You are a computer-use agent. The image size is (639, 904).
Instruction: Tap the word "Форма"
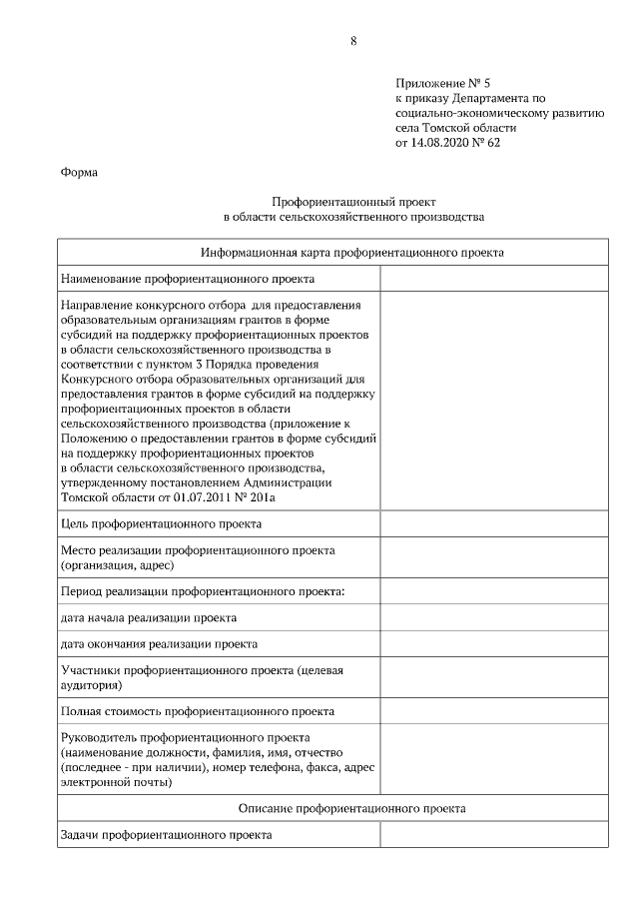point(79,172)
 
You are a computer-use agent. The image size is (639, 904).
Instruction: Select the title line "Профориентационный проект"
point(353,201)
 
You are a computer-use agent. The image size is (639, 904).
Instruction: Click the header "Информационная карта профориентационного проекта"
point(352,253)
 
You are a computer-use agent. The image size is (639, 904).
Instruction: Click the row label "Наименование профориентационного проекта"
point(188,279)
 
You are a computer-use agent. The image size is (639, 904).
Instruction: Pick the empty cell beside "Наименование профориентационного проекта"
point(493,279)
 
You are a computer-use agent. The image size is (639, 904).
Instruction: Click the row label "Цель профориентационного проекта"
point(161,522)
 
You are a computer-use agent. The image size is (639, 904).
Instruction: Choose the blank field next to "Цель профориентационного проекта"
point(493,522)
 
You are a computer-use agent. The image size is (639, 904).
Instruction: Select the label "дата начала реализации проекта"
point(149,617)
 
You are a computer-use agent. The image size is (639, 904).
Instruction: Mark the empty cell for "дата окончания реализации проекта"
point(493,644)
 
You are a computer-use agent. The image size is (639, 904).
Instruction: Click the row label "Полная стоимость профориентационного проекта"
point(198,711)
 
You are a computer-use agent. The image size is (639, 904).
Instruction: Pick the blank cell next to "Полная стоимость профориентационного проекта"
point(493,711)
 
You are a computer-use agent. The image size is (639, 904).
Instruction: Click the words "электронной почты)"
point(116,783)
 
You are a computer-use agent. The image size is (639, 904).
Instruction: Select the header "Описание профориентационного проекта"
point(352,808)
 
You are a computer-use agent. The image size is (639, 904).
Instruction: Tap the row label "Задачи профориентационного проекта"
point(166,834)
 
